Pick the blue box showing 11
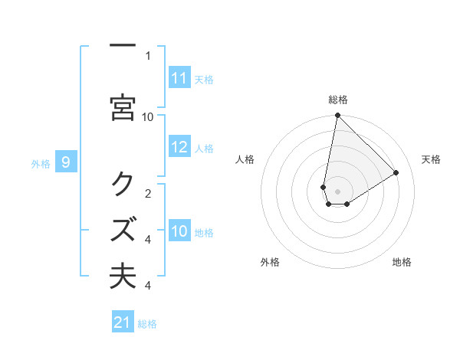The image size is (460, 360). (179, 78)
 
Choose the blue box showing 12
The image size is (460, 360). (179, 148)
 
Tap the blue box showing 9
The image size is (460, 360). (67, 162)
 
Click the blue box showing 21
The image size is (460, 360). (123, 322)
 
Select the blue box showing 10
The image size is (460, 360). (179, 231)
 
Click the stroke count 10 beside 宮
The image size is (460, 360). (148, 116)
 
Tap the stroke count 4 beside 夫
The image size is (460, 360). (148, 286)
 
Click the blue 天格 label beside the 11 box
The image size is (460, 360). (204, 79)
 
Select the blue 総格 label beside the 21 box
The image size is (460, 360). (147, 324)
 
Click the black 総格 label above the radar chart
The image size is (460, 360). (338, 100)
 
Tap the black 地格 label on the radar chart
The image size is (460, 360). (402, 262)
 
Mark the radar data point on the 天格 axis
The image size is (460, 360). (396, 173)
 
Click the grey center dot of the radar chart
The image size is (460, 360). (338, 191)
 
